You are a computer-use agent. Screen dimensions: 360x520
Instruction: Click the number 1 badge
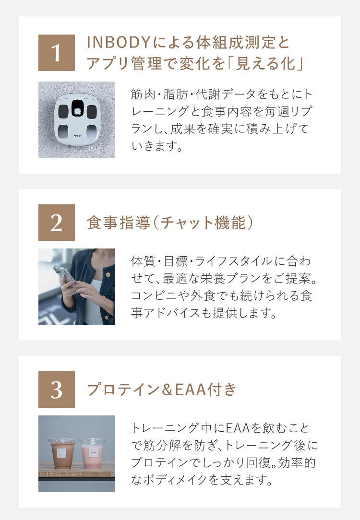[x=57, y=53]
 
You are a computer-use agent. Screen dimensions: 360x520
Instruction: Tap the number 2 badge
[x=57, y=223]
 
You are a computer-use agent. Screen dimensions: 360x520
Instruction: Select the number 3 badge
[x=57, y=390]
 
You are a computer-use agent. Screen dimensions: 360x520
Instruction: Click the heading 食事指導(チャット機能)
[x=170, y=223]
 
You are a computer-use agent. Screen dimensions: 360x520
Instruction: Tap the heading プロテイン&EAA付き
[x=161, y=390]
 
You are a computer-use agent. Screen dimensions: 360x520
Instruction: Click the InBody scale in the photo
[x=77, y=119]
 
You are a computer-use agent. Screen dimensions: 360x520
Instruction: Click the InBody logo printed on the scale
[x=77, y=135]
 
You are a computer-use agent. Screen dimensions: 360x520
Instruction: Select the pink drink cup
[x=93, y=453]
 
